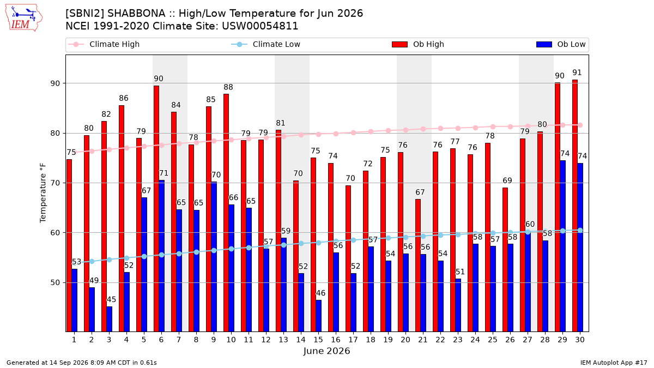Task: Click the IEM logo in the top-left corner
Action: point(23,18)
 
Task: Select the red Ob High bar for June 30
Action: point(575,206)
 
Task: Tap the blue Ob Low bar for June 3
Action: point(109,319)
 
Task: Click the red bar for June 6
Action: point(156,209)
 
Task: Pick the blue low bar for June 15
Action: point(318,316)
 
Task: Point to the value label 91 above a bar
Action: point(577,73)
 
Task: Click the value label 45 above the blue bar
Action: point(111,299)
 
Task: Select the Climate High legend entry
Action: point(104,44)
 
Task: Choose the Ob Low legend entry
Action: point(561,44)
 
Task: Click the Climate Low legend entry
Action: point(266,44)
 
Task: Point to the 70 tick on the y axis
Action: point(55,183)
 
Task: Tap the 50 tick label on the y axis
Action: point(55,283)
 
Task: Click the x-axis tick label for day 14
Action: point(301,340)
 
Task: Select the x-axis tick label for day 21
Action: point(423,340)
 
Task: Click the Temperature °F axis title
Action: point(43,193)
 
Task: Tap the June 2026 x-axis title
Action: point(326,351)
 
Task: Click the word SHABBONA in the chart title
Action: point(136,14)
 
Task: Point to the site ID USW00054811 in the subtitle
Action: point(260,26)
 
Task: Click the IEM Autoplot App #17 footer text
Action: point(614,363)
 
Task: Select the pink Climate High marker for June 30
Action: point(580,125)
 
